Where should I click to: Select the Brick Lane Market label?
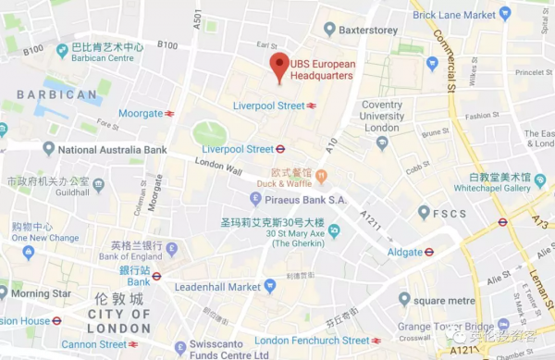[453, 15]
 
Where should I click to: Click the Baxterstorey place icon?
[329, 30]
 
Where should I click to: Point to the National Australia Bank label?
[112, 149]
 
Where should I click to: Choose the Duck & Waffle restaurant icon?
[321, 176]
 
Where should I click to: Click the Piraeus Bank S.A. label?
[304, 199]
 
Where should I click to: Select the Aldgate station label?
[403, 252]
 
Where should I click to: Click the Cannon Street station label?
[95, 344]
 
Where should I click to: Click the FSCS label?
[448, 213]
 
